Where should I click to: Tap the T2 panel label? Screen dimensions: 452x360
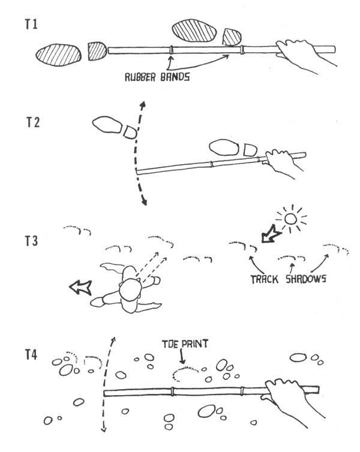[33, 123]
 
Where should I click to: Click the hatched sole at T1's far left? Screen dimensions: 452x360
[59, 55]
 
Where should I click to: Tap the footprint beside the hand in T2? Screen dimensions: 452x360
[232, 148]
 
